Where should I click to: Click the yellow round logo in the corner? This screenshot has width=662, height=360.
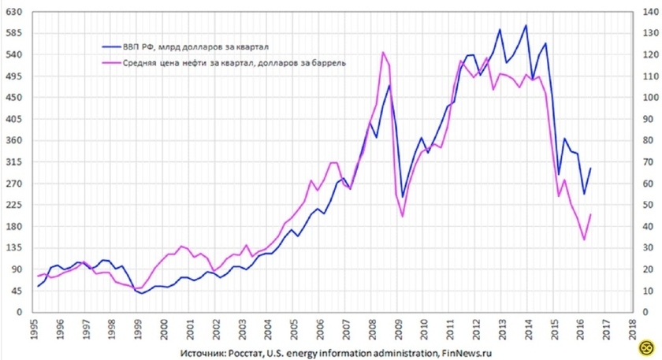coord(648,347)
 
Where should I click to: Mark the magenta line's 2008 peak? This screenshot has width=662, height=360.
coord(382,53)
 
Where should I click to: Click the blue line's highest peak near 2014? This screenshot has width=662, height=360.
coord(526,25)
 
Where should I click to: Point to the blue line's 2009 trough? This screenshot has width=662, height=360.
coord(402,197)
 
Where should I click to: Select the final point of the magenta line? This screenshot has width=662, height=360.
coord(590,214)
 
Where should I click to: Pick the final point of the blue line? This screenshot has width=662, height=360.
coord(590,169)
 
